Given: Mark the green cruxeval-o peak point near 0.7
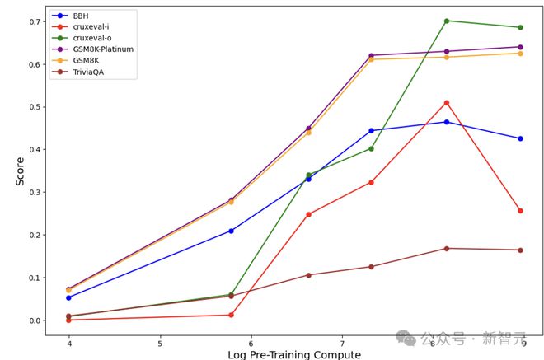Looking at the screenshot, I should (x=447, y=21).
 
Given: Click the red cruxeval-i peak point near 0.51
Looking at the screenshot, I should (x=447, y=103).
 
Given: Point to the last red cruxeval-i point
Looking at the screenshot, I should (x=520, y=211).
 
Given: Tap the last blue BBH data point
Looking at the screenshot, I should (x=520, y=138).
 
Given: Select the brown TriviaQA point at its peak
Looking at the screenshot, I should (x=447, y=248).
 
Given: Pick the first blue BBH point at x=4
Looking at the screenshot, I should (x=69, y=297).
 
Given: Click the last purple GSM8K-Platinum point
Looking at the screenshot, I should (x=520, y=47).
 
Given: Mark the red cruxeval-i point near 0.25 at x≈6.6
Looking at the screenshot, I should (x=309, y=214).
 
